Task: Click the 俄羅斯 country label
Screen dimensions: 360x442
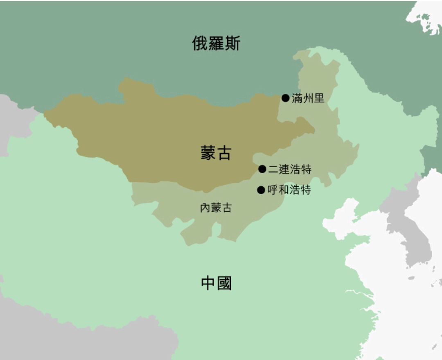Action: [x=216, y=43]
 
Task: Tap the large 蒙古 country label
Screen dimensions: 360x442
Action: [x=216, y=153]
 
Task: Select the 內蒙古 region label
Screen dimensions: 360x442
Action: [x=216, y=208]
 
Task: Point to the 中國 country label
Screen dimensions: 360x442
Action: [x=216, y=283]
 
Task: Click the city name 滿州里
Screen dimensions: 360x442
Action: [x=308, y=98]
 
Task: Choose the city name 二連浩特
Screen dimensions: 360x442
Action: [x=290, y=169]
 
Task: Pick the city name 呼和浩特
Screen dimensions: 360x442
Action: [x=289, y=190]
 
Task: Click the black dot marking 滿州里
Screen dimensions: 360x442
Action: [x=285, y=98]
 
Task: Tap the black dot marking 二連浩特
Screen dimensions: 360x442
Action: [x=262, y=169]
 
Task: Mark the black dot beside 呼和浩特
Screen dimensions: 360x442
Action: [x=261, y=190]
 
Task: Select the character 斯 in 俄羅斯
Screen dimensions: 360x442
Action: [x=232, y=43]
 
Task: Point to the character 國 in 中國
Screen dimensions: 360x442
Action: [x=224, y=283]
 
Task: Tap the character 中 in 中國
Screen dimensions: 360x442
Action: [x=208, y=283]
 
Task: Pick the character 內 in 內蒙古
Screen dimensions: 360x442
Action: [x=205, y=208]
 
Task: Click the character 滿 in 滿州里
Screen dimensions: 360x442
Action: [x=297, y=98]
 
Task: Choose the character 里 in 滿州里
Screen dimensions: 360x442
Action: [x=319, y=98]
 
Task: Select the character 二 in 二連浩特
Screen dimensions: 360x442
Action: [x=273, y=169]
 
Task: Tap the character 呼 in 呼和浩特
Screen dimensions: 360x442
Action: [x=273, y=190]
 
